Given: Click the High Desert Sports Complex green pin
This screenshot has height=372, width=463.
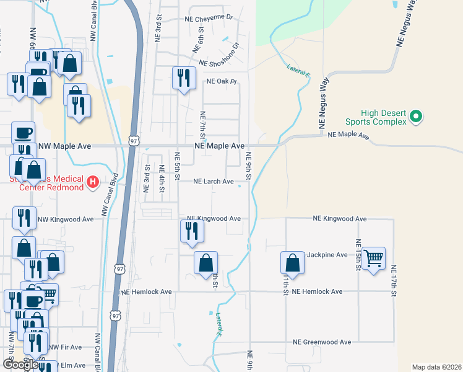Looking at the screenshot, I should pos(417,116).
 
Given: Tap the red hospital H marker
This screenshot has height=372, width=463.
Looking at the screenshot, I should pos(92,182).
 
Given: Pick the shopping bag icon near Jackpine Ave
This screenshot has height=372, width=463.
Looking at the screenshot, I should pos(292,263).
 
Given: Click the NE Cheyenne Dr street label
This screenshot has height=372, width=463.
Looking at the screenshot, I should pos(208,19).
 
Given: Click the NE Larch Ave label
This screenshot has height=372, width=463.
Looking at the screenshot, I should pos(213,182).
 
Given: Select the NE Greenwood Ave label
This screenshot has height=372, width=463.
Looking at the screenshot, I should pos(322,342).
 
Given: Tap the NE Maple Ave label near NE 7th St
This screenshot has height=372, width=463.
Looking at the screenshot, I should pos(219,145).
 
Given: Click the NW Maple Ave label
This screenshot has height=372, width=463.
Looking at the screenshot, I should pos(64,146).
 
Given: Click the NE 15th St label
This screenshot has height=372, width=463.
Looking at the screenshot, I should pos(358,254).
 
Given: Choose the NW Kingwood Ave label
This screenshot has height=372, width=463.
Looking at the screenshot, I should pos(65,219).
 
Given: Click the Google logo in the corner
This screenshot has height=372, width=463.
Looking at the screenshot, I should pos(20,364).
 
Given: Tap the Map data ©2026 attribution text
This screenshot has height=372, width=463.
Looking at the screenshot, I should pos(436,367).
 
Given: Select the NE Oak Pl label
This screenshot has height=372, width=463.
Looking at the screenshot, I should pos(222,81).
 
